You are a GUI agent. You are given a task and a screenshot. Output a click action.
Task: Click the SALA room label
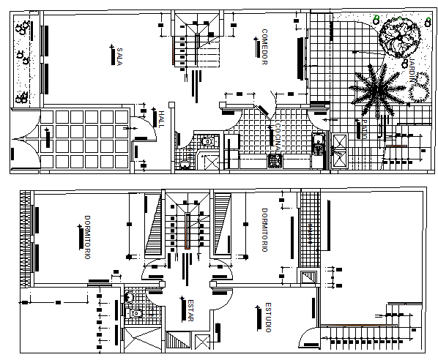tap(119, 56)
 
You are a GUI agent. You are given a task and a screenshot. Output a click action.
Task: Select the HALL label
tap(161, 119)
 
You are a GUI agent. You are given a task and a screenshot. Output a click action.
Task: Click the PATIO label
tap(363, 130)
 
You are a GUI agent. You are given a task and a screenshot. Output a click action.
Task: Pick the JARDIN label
tap(413, 73)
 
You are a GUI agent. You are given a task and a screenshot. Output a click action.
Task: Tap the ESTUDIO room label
tap(268, 317)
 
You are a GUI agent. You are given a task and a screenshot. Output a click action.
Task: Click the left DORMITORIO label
tap(86, 237)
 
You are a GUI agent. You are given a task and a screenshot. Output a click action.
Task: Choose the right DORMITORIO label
tap(265, 231)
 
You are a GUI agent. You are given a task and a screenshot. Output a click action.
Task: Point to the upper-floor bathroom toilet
tap(130, 297)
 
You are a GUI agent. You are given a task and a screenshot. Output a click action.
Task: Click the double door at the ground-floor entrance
tap(23, 143)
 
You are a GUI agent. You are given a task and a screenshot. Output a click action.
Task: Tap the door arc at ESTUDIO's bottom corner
tap(308, 339)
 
